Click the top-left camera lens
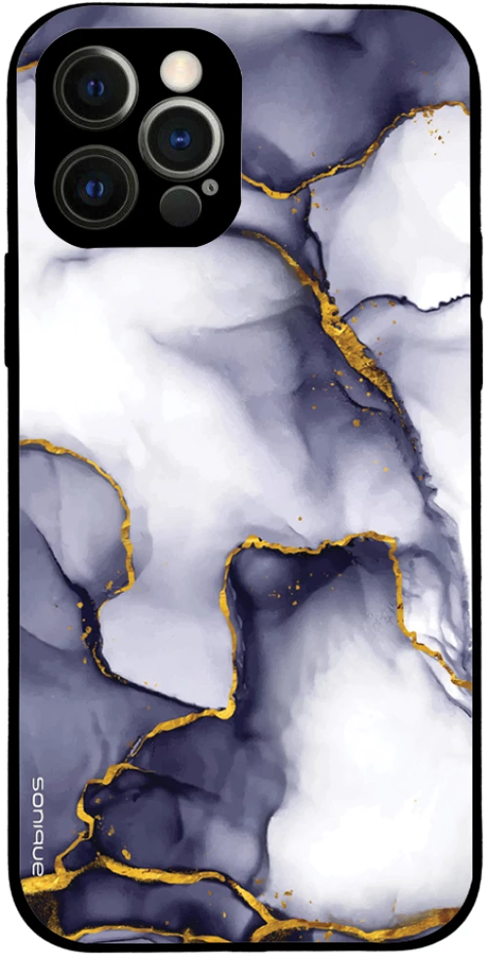pyautogui.click(x=95, y=87)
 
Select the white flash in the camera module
pyautogui.click(x=182, y=70)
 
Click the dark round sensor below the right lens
pyautogui.click(x=181, y=207)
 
